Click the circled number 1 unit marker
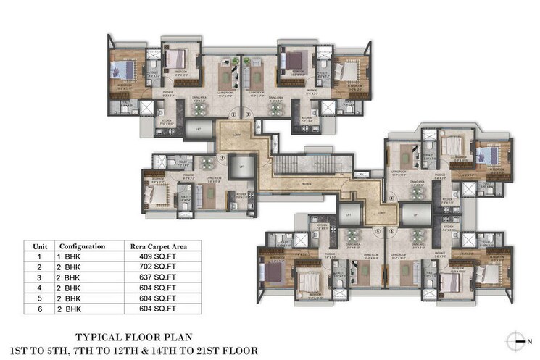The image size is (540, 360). point(223,156)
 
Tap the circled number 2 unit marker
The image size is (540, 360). point(233,114)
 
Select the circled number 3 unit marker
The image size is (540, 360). point(247,114)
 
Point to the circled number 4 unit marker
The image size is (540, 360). point(390,196)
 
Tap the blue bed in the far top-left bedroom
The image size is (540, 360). point(122,71)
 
